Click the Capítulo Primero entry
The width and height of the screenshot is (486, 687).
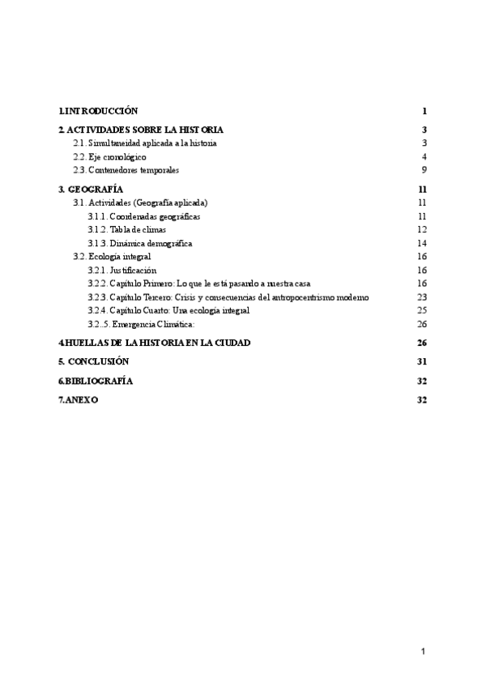coord(199,283)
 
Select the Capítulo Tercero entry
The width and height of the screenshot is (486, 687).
coord(228,297)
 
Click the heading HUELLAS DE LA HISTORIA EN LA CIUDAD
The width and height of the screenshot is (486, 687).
coord(154,343)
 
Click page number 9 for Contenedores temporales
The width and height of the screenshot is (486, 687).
coord(424,170)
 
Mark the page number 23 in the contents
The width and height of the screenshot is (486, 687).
coord(422,297)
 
